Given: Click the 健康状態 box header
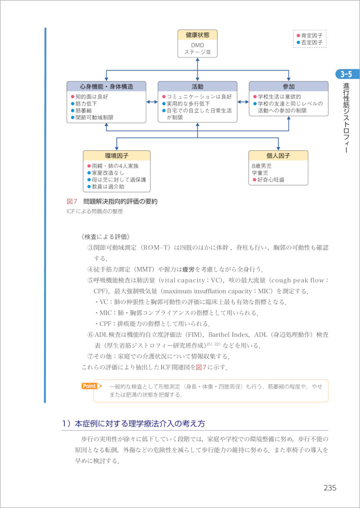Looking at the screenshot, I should point(197,35).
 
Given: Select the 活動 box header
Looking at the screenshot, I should point(197,87).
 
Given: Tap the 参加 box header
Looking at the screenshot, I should point(288,87).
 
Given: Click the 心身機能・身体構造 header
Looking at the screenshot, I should point(106,87).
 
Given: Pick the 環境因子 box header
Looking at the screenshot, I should point(116,156).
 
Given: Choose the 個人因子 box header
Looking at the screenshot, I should point(278,156).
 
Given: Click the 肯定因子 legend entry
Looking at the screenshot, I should point(312,36).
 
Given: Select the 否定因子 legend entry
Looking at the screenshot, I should point(312,43).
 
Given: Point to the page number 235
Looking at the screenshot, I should point(330,488).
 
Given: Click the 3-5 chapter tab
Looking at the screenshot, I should point(344,75).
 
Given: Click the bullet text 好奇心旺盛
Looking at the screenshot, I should point(271,180).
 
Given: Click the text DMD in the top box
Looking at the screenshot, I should point(197,45).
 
